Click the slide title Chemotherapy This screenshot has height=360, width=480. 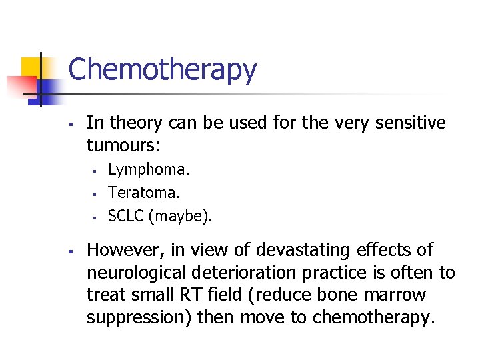[x=162, y=70]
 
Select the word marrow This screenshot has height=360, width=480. [x=401, y=295]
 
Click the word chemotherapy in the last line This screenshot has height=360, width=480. [x=373, y=317]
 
